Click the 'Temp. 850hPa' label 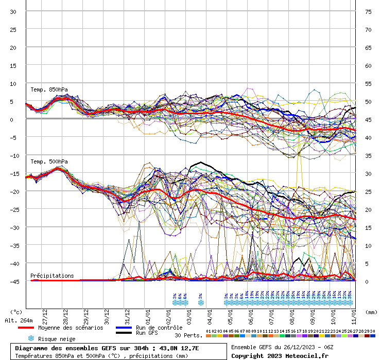click(x=49, y=90)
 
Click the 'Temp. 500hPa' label click(x=49, y=161)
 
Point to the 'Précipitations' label click(x=52, y=276)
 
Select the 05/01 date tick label click(x=231, y=314)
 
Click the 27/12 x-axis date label click(x=45, y=314)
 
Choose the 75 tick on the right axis click(x=368, y=11)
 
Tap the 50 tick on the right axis click(x=368, y=101)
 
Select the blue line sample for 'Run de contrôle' click(x=125, y=328)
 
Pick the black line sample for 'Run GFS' click(x=125, y=333)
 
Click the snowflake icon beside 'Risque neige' click(x=30, y=338)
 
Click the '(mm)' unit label click(x=371, y=312)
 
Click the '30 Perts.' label click(x=188, y=335)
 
